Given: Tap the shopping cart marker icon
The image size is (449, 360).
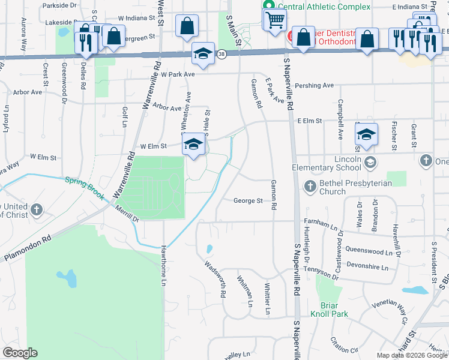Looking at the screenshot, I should (x=275, y=19).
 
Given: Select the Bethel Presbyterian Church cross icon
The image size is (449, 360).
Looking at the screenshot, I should (x=310, y=186).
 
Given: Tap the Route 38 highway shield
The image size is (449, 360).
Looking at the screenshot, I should (x=221, y=53).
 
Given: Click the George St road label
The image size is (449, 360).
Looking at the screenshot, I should (x=249, y=201).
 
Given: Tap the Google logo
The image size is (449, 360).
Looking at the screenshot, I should (x=20, y=353).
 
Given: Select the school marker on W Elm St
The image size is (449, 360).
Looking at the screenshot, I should (x=193, y=145).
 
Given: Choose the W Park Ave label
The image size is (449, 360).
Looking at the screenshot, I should (x=178, y=74).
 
